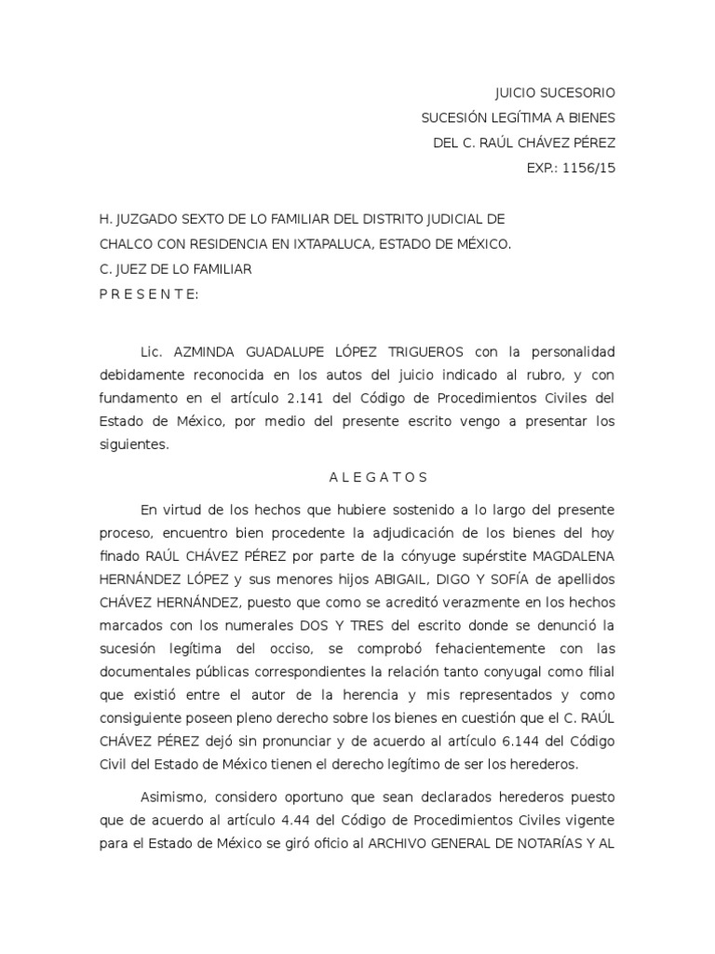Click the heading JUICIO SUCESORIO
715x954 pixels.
point(554,93)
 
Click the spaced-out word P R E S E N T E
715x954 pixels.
point(148,294)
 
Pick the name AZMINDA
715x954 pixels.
point(208,353)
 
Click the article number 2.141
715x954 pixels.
point(334,398)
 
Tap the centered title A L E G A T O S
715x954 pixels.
point(378,478)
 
